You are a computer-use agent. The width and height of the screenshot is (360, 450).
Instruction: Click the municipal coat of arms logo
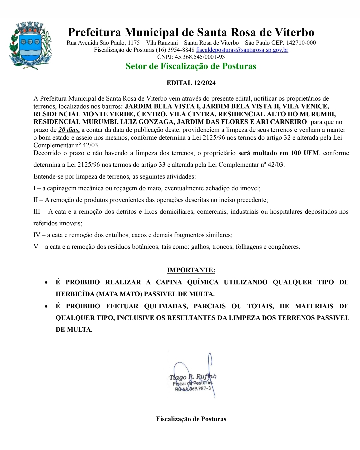point(30,46)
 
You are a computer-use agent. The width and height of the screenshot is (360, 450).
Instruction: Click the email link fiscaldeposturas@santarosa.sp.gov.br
point(242,50)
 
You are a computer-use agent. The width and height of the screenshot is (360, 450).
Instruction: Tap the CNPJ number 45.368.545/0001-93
point(200,57)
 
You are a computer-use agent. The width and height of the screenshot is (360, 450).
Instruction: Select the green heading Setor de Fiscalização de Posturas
point(191,66)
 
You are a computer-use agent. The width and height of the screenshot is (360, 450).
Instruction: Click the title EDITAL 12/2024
point(191,83)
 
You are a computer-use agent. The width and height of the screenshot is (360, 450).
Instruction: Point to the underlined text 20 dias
point(69,130)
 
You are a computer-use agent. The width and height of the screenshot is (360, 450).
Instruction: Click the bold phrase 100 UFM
point(305,153)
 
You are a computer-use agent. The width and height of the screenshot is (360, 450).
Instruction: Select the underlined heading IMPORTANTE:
point(191,270)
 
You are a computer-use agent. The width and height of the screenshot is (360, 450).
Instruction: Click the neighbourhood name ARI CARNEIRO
point(281,122)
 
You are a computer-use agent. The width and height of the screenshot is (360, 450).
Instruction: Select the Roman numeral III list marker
point(37,212)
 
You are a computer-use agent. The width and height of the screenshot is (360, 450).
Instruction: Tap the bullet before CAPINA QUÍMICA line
point(46,282)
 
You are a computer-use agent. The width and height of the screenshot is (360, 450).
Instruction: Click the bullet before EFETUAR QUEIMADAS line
point(46,306)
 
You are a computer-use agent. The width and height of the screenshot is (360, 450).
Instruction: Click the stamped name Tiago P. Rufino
point(192,377)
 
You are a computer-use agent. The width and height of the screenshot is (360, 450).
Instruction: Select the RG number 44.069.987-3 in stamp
point(197,389)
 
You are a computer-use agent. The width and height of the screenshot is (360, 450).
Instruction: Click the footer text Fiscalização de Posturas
point(191,419)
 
